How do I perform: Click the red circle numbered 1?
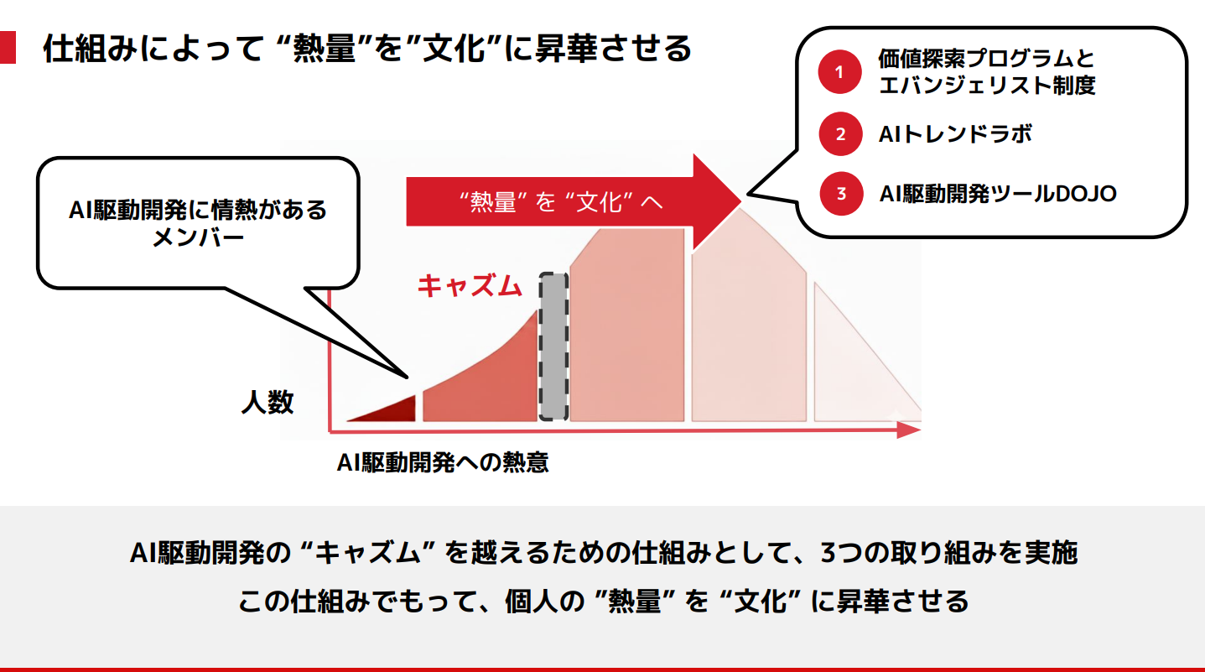point(839,71)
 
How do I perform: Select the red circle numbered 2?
point(840,134)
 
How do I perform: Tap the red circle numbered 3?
point(841,194)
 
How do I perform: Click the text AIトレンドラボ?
point(955,134)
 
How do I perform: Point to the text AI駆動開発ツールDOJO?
point(998,194)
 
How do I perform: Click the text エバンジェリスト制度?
point(987,86)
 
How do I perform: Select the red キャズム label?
point(470,286)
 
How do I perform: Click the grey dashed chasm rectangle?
point(553,346)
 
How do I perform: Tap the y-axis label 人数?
point(267,402)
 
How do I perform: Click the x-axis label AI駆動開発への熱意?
point(443,463)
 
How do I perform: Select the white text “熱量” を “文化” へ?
point(560,202)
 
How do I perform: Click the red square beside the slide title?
point(8,47)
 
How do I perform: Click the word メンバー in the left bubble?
point(198,237)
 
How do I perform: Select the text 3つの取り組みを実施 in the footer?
point(949,553)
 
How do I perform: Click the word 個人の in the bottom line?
point(544,601)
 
